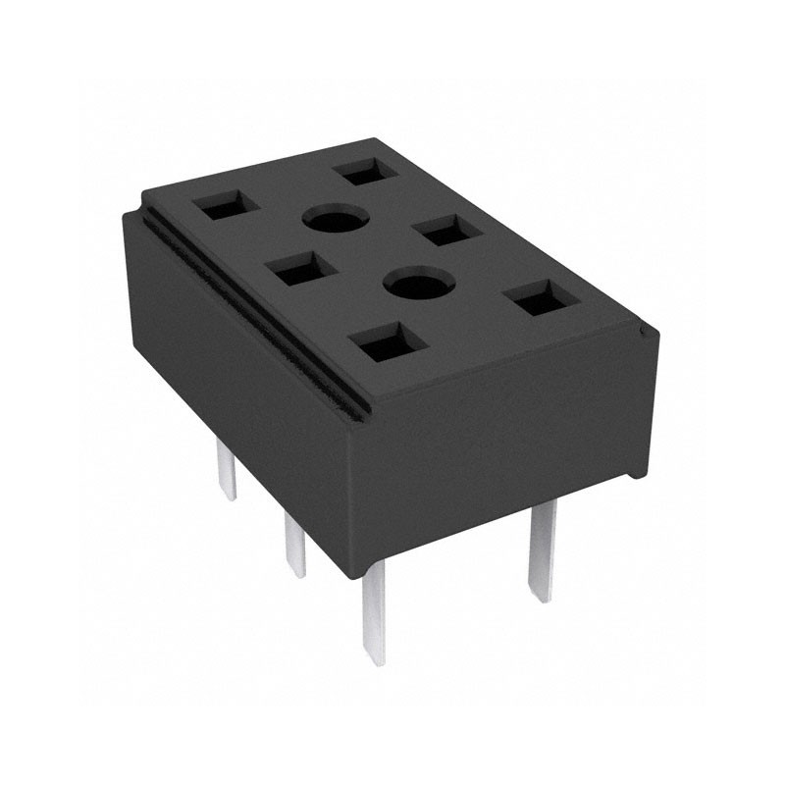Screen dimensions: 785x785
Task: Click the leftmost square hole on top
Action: (x=225, y=207)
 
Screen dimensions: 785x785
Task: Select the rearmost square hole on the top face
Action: (x=365, y=173)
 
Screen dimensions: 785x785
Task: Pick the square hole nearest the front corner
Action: (x=387, y=343)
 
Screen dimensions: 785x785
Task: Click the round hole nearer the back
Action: (x=334, y=218)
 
